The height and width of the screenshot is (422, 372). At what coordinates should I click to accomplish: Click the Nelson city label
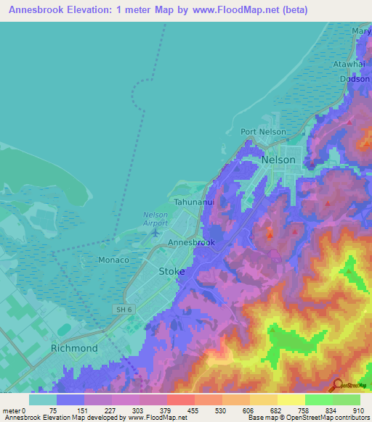tap(278, 160)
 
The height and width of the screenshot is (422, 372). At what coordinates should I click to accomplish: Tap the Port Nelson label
tap(264, 132)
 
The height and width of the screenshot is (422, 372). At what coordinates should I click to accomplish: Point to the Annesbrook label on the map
tap(191, 242)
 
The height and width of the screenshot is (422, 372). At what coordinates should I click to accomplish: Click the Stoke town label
tap(171, 270)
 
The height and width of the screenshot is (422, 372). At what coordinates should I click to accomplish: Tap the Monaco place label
tap(113, 260)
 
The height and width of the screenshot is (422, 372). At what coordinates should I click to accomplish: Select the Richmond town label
tap(74, 348)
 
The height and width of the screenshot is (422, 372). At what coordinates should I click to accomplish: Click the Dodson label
tap(353, 80)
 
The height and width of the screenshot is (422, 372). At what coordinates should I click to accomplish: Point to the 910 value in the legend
tap(358, 410)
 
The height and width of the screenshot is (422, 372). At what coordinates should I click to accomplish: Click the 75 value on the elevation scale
tap(53, 410)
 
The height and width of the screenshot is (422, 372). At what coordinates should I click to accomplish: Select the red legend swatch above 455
tap(180, 400)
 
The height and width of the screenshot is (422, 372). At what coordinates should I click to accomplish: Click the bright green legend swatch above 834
tap(318, 400)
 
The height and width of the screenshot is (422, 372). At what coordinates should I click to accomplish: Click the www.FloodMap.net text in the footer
tap(157, 418)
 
